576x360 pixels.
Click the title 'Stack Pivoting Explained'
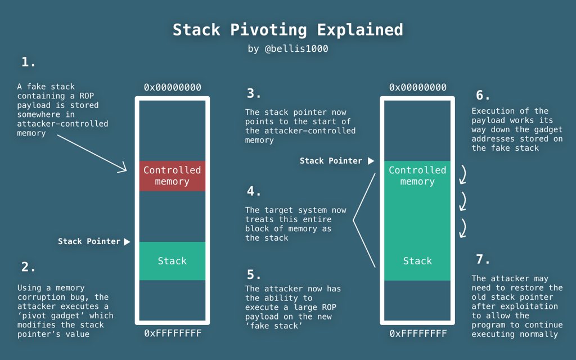[287, 29]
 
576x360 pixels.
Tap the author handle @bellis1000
[287, 49]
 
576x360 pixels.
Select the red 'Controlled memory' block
[172, 175]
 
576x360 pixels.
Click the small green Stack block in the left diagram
[172, 261]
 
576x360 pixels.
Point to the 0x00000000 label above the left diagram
[172, 87]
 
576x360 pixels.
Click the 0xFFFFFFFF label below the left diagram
[172, 334]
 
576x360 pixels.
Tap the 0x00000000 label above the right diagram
[417, 87]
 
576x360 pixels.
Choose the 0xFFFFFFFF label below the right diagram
[417, 334]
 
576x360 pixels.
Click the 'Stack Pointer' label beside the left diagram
[89, 241]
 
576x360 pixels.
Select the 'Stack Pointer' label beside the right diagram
[331, 161]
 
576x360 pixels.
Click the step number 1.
[28, 62]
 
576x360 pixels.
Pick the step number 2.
[28, 267]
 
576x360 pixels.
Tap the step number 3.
[254, 93]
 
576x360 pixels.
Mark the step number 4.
[254, 191]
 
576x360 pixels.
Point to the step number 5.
[254, 274]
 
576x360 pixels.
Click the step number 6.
[483, 95]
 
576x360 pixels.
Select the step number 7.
[483, 259]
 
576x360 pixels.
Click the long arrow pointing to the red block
[93, 152]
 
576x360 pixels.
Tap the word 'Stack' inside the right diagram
[417, 261]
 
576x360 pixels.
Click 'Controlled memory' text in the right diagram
[417, 175]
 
